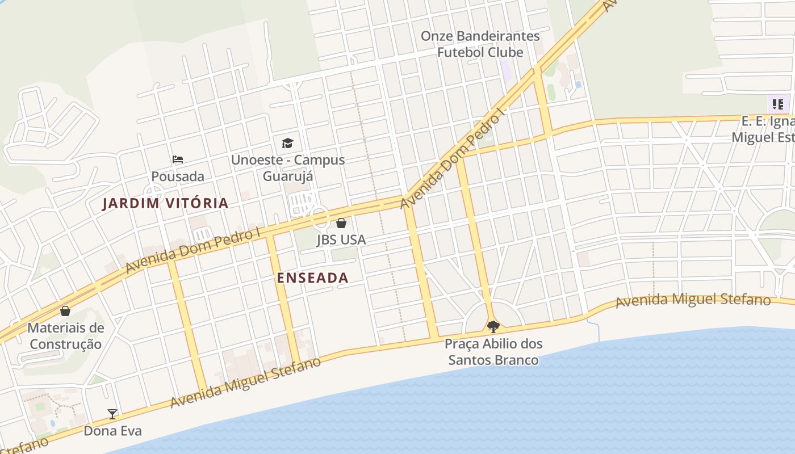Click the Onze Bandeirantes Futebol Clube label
coord(480,44)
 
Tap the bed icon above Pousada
coord(178,159)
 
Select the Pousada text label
coord(178,176)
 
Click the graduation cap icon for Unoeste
coord(288,143)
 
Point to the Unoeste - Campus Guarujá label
coord(288,168)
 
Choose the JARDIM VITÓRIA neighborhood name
coord(165,203)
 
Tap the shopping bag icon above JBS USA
coord(341,223)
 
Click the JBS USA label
coord(341,240)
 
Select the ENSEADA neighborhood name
coord(313,278)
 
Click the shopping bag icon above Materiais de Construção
coord(65,311)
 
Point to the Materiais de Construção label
coord(66,336)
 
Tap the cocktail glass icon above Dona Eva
coord(112,414)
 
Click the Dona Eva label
coord(112,431)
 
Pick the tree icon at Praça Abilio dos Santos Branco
coord(493,326)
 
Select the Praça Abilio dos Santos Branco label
coord(493,352)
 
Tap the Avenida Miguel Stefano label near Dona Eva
coord(245,382)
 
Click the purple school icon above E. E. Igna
coord(778,104)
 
